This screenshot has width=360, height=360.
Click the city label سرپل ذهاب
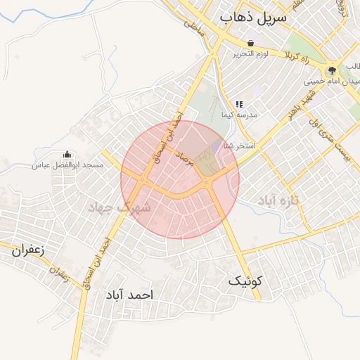[x=252, y=18]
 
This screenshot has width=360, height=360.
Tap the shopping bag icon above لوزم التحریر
[x=251, y=44]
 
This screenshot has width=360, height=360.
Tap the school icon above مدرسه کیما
[x=239, y=104]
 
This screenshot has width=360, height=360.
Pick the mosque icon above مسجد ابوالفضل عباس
[x=67, y=155]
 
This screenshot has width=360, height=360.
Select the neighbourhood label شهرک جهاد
[x=121, y=207]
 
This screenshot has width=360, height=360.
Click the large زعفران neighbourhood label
[x=28, y=249]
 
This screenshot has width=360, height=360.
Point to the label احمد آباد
[x=127, y=294]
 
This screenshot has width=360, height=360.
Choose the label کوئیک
[x=245, y=281]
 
